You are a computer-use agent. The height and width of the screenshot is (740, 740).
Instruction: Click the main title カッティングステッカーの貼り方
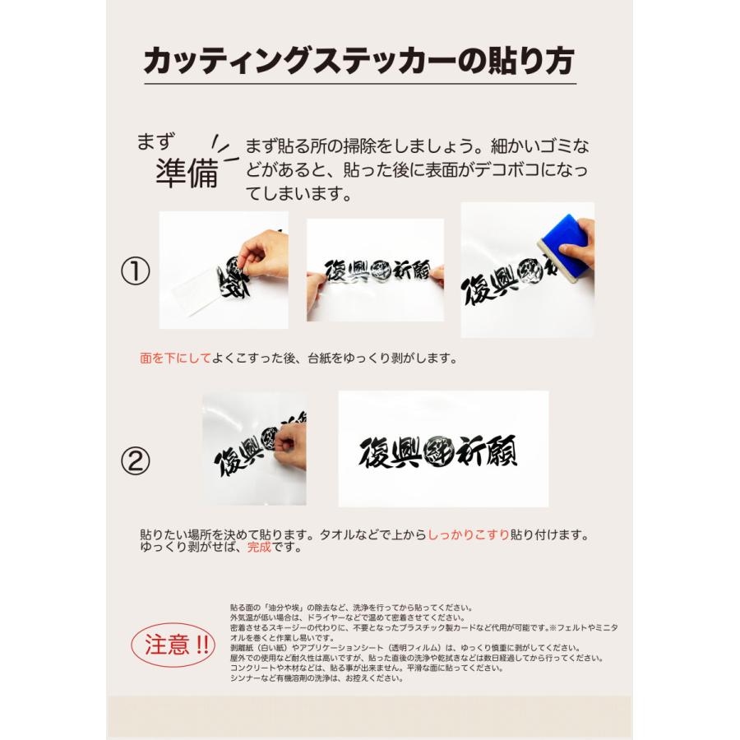(359, 62)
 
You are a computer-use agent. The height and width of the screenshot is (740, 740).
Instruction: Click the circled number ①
(136, 272)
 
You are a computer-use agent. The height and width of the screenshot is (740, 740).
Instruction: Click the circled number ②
(136, 460)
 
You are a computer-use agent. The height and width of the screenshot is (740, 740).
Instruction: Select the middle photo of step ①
(375, 270)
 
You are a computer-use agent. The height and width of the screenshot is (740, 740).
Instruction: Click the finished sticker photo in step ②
(443, 449)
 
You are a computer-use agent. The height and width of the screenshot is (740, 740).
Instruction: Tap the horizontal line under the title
(359, 84)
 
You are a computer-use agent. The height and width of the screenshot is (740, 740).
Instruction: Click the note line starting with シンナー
(317, 678)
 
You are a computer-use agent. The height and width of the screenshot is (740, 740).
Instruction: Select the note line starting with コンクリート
(367, 668)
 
